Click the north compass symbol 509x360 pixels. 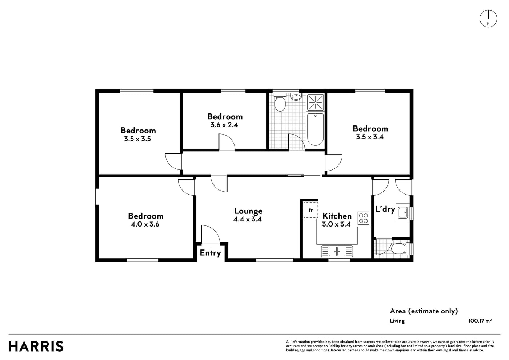pos(488,19)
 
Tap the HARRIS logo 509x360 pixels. pos(36,346)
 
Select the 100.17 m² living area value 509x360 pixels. pos(480,321)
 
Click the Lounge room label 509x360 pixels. pos(248,211)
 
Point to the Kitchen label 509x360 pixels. pos(337,216)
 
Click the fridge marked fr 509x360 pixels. pos(310,210)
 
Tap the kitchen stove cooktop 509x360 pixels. pos(363,218)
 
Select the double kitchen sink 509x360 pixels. pos(337,251)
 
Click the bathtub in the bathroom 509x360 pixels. pos(316,129)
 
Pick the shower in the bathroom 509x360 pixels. pos(316,102)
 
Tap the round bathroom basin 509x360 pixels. pos(296,97)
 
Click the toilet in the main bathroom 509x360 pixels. pos(280,102)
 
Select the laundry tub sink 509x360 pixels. pos(403,212)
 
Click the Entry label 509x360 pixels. pos(210,253)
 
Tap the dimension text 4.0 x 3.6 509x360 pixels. pos(145,224)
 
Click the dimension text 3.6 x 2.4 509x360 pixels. pos(224,125)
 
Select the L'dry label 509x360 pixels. pos(385,209)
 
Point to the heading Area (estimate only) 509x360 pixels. pos(424,311)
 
